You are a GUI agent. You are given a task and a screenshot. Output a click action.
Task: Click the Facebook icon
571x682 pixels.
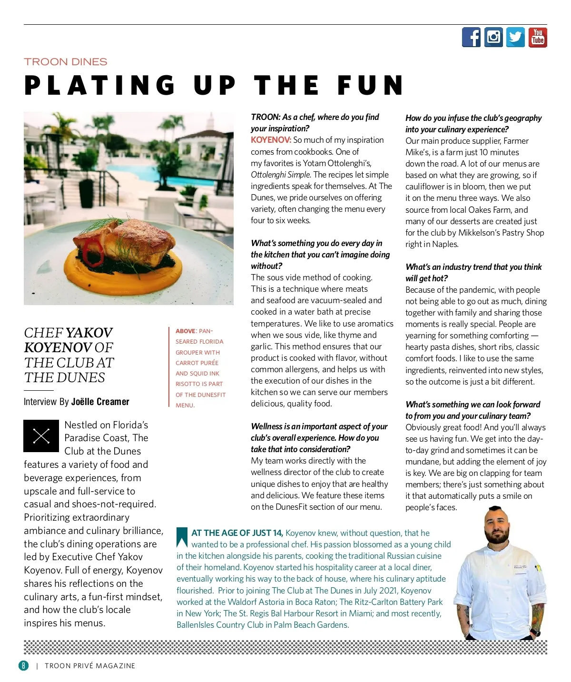pyautogui.click(x=471, y=37)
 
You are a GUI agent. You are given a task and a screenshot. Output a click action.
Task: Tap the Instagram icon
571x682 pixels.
pyautogui.click(x=493, y=37)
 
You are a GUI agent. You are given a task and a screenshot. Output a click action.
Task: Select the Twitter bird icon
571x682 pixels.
pyautogui.click(x=515, y=37)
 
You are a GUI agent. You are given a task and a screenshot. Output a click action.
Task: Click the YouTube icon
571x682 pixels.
pyautogui.click(x=538, y=37)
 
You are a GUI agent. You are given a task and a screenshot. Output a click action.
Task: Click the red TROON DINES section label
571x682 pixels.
pyautogui.click(x=66, y=62)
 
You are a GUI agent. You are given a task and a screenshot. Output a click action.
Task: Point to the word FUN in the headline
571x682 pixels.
pyautogui.click(x=371, y=86)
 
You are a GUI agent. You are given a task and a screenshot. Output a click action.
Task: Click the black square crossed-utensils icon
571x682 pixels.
pyautogui.click(x=41, y=436)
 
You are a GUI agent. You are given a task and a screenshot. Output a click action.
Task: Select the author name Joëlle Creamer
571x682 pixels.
pyautogui.click(x=100, y=402)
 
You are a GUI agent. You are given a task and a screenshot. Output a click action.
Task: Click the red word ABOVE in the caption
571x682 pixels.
pyautogui.click(x=185, y=331)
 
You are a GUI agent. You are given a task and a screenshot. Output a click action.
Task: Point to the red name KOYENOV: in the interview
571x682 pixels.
pyautogui.click(x=271, y=140)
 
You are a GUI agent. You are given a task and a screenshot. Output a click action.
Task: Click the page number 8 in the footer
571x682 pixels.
pyautogui.click(x=23, y=665)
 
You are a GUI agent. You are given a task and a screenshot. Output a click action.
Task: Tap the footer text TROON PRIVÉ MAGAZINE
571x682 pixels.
pyautogui.click(x=90, y=666)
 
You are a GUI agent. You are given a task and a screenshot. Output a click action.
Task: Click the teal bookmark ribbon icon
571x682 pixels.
pyautogui.click(x=182, y=536)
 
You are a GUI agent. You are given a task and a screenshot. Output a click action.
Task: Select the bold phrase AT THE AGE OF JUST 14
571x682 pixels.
pyautogui.click(x=237, y=533)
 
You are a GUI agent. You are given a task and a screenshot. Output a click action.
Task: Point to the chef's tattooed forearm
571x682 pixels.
pyautogui.click(x=537, y=616)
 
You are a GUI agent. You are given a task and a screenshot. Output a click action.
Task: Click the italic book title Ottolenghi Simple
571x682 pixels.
pyautogui.click(x=281, y=175)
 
